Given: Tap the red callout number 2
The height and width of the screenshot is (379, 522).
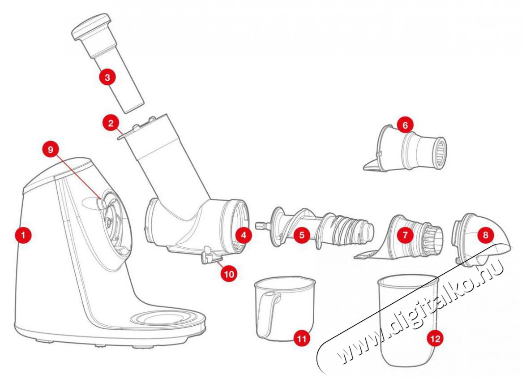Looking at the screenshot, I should pyautogui.click(x=110, y=123).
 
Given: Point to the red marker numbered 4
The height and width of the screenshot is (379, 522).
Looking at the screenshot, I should pyautogui.click(x=244, y=234).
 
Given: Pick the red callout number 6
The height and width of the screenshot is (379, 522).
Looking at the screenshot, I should pyautogui.click(x=405, y=125).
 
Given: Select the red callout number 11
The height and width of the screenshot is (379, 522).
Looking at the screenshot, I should pyautogui.click(x=302, y=338).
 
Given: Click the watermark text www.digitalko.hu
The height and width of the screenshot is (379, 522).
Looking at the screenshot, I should pyautogui.click(x=421, y=314).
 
